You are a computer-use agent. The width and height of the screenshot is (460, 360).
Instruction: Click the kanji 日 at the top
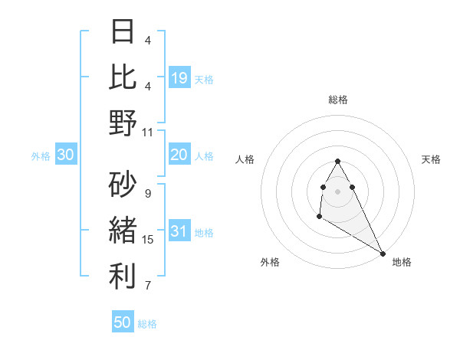click(x=123, y=32)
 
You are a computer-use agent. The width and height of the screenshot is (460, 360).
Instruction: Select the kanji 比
click(x=123, y=77)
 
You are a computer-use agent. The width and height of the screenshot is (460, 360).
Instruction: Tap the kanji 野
click(x=123, y=123)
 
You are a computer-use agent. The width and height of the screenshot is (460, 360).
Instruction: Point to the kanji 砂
click(x=123, y=184)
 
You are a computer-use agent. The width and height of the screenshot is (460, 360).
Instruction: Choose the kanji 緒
click(x=123, y=230)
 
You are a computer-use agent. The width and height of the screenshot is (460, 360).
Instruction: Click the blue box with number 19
click(x=179, y=77)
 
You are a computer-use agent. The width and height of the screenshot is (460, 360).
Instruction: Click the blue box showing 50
click(x=123, y=322)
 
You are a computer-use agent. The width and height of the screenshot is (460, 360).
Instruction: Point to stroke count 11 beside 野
click(x=148, y=132)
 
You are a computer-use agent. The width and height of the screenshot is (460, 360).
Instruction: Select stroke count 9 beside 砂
click(x=148, y=193)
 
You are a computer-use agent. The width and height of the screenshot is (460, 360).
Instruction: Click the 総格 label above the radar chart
click(x=338, y=100)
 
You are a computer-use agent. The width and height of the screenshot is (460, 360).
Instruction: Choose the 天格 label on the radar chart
click(x=431, y=159)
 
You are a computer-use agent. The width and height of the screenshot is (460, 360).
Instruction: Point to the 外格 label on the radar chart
click(x=269, y=262)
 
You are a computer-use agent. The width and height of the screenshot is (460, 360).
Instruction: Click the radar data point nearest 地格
click(x=383, y=254)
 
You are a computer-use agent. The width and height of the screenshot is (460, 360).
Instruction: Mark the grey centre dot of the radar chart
click(x=338, y=191)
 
